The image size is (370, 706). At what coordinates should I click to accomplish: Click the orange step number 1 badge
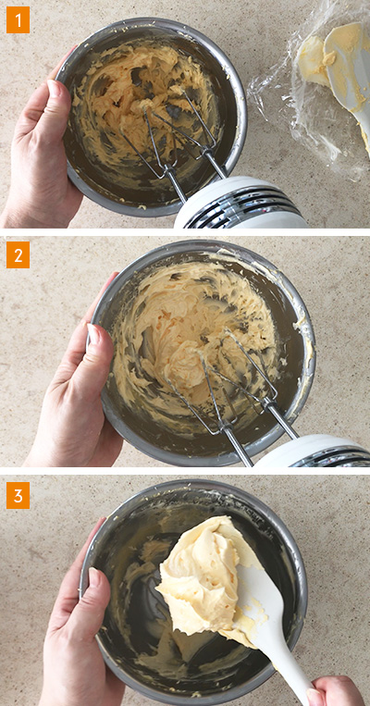point(18,19)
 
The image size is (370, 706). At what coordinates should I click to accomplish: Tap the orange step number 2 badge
point(18,254)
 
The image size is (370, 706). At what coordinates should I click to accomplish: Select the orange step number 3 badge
point(18,495)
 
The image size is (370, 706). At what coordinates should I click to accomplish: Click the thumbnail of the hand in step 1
point(43,153)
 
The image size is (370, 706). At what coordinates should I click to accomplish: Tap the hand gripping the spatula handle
point(336,691)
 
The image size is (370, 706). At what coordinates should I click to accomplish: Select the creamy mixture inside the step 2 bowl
point(193,333)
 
